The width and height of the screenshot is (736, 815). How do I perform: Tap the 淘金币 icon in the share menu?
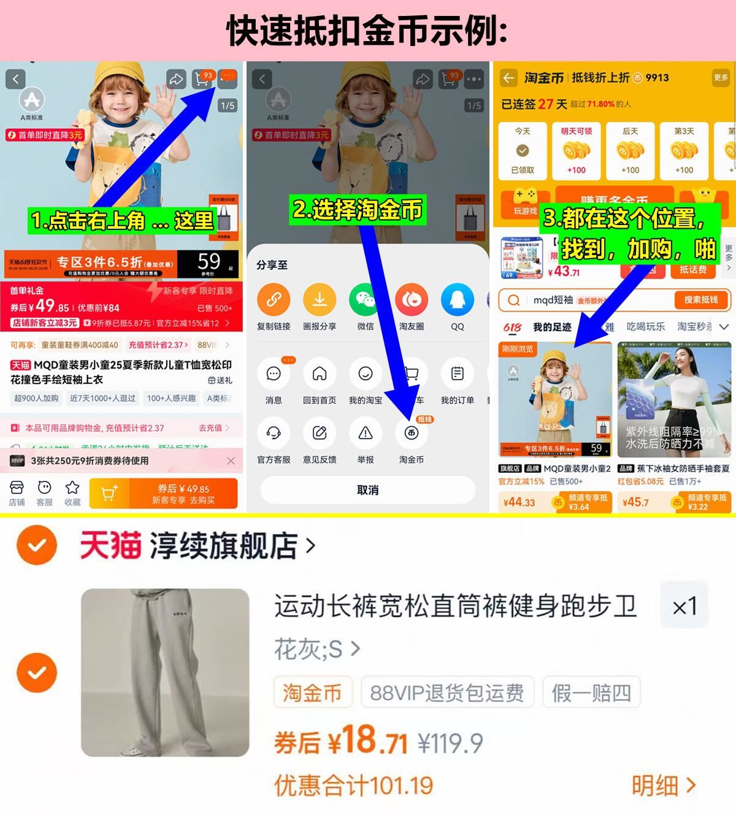(412, 433)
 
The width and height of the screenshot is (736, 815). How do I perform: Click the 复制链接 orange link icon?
(274, 300)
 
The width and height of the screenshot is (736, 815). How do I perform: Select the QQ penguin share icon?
(458, 300)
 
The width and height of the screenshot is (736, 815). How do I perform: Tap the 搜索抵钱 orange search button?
(700, 300)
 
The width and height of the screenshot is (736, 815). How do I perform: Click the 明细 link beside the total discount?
(664, 786)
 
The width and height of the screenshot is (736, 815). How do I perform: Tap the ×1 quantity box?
(684, 606)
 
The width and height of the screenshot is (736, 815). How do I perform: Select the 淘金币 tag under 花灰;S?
(312, 693)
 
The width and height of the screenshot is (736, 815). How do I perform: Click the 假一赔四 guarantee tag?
(591, 693)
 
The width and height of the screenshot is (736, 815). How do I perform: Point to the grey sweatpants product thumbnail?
(165, 672)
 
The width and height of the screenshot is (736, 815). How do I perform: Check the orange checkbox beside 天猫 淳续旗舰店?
(37, 545)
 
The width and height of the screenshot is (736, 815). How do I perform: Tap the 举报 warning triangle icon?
(366, 433)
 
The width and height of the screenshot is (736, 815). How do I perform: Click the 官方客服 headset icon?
(274, 433)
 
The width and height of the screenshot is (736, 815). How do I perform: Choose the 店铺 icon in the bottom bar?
(17, 488)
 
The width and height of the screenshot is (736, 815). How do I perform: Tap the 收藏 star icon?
(72, 488)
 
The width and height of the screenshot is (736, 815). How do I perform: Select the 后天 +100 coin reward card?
(630, 151)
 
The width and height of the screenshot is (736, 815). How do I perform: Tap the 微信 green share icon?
(366, 300)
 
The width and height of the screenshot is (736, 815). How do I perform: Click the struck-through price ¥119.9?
(450, 744)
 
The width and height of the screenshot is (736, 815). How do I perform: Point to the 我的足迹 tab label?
(552, 327)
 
